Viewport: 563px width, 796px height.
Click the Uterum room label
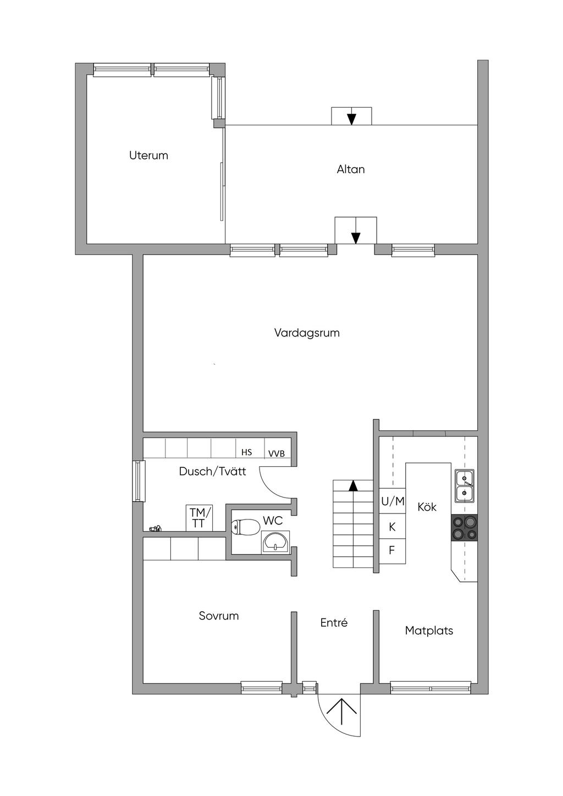[x=148, y=155]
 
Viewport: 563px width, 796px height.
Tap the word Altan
[x=351, y=169]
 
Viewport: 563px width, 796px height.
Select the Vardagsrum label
[x=307, y=333]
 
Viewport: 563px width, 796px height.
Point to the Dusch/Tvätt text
[x=213, y=472]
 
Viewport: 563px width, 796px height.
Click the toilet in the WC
[x=245, y=527]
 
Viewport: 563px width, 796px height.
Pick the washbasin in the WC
[x=276, y=541]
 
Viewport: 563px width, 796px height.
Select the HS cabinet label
[x=247, y=452]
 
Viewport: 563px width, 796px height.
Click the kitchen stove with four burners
[x=464, y=528]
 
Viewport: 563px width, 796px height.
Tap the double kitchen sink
[x=465, y=486]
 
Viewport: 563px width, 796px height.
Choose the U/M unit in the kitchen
[x=393, y=501]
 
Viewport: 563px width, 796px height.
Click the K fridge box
[x=393, y=526]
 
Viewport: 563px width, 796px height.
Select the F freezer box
[x=393, y=551]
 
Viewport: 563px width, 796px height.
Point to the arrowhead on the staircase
[x=353, y=486]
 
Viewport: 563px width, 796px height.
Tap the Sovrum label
[x=219, y=616]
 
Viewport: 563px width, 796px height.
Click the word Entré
[x=334, y=622]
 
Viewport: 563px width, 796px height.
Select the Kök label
[x=427, y=507]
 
